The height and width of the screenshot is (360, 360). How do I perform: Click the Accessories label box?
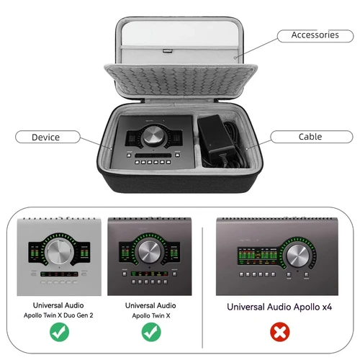coord(314,35)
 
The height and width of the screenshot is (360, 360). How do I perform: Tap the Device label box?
coord(45,137)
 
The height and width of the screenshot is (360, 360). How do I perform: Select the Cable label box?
coord(310,137)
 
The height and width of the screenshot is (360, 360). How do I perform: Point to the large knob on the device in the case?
coord(153,135)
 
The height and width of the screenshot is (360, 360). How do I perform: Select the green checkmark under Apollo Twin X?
coord(150,333)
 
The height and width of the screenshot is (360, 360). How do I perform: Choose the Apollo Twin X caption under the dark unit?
coord(150,315)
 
